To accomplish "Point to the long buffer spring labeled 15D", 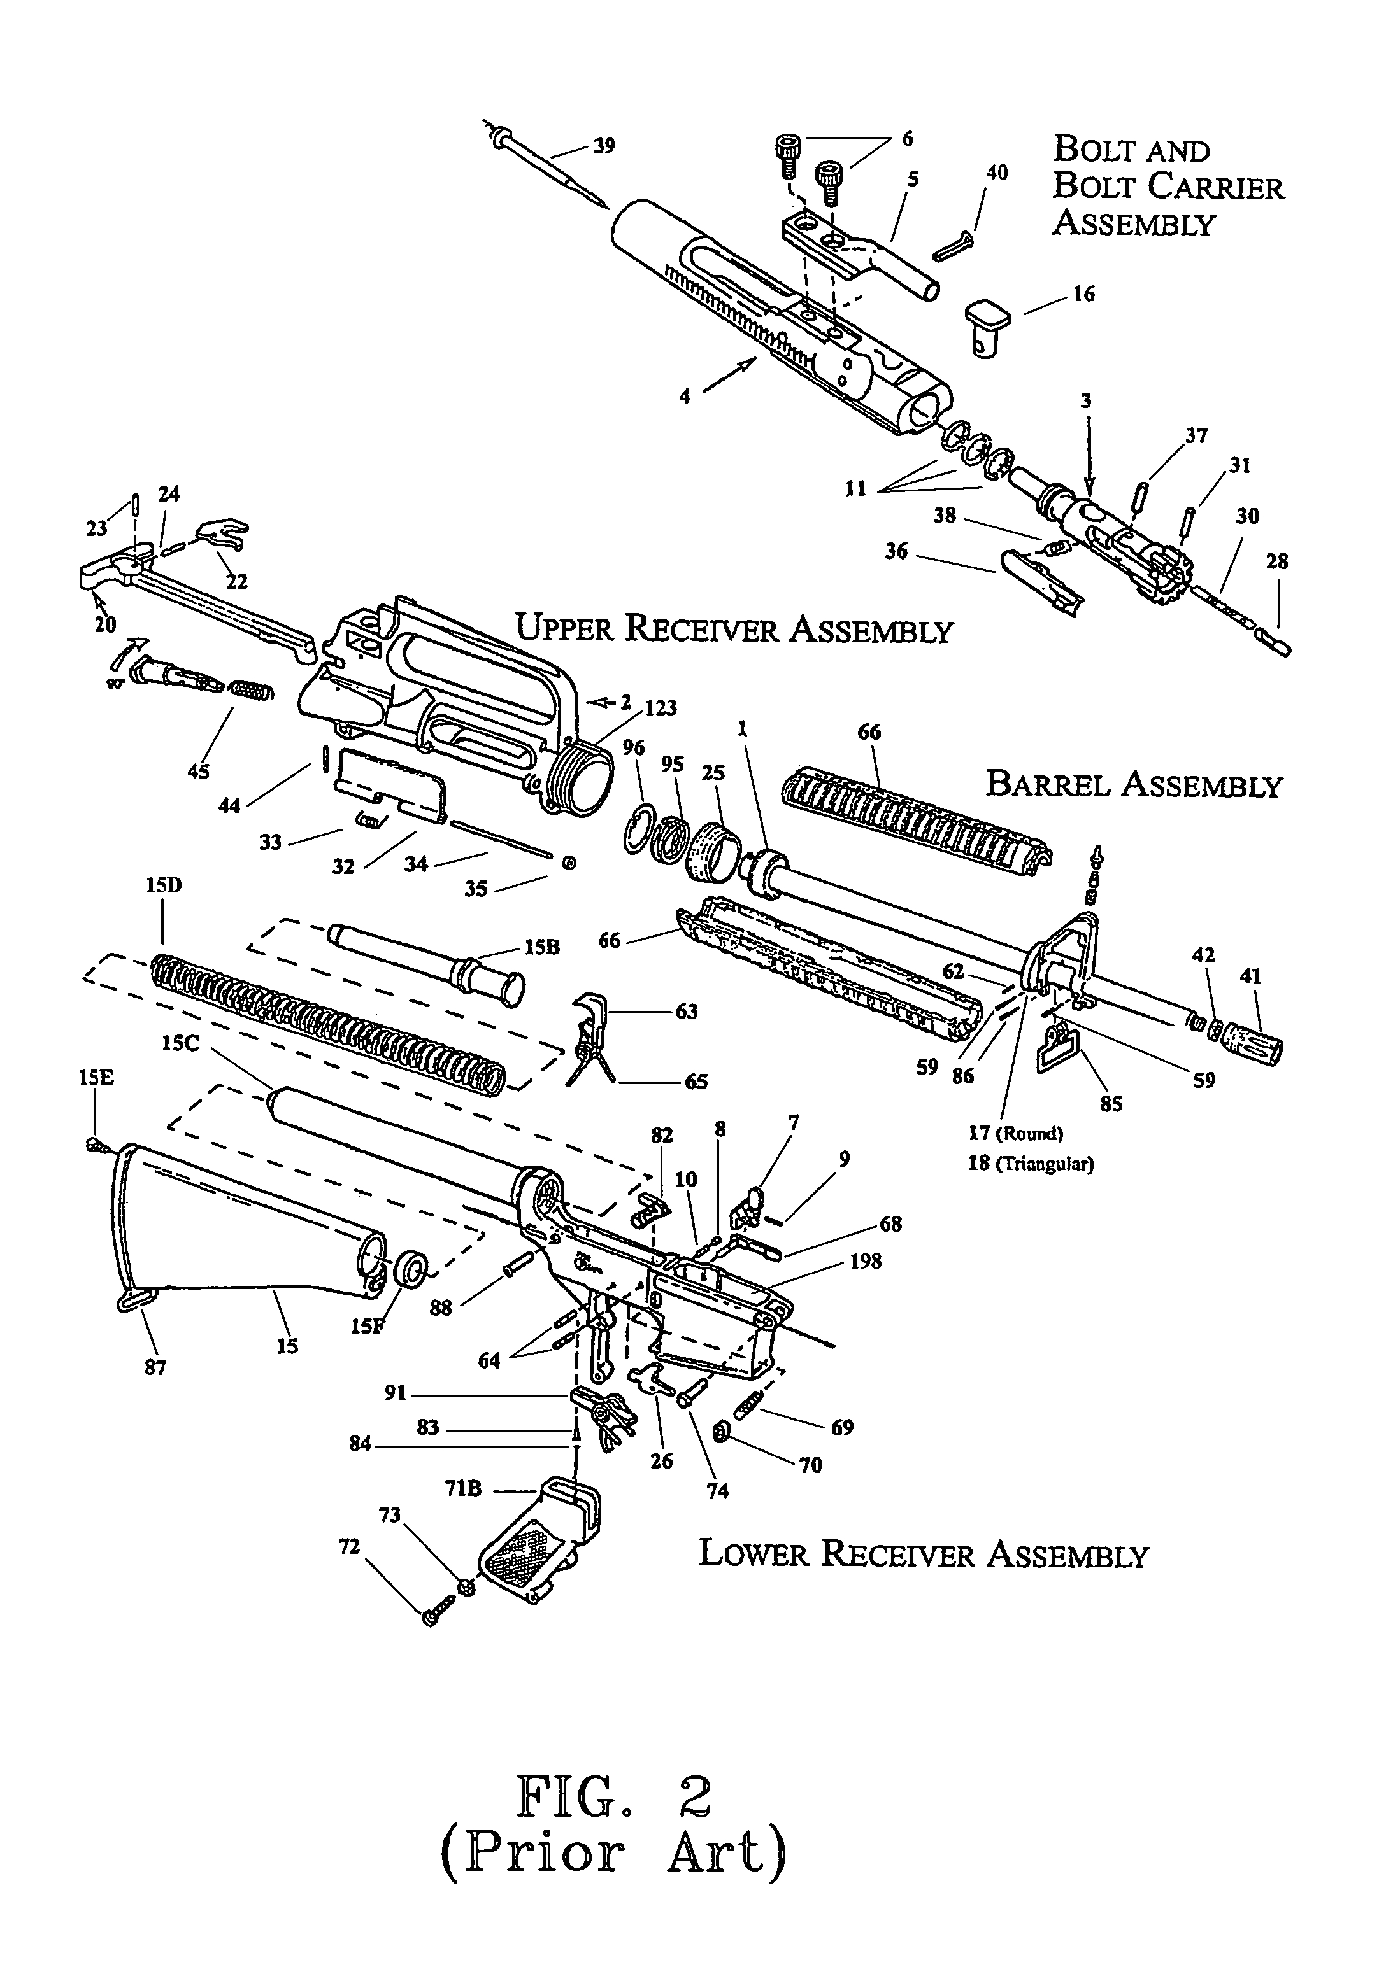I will tap(327, 1021).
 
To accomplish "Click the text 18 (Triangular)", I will tap(1030, 1164).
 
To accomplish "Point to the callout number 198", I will tap(865, 1261).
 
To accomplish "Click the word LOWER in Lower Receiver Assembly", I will tap(751, 1553).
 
